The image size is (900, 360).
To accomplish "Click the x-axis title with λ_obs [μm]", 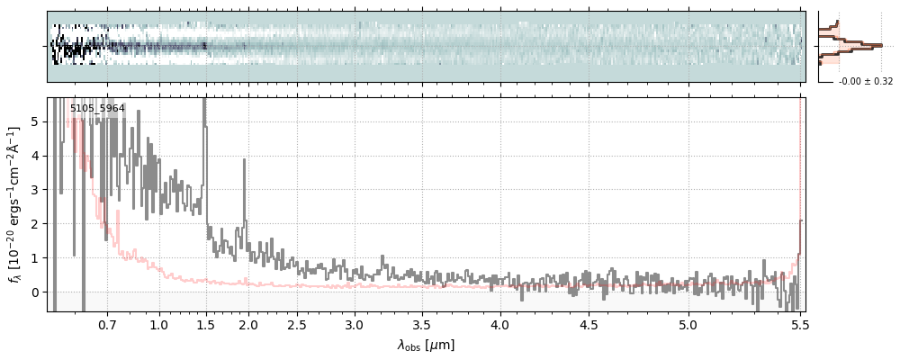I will [426, 345].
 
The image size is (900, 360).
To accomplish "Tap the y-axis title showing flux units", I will [14, 204].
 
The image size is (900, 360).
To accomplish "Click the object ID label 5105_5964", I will [97, 109].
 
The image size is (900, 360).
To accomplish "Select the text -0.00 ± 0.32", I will [866, 82].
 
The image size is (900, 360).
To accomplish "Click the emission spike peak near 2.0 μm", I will [244, 160].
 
